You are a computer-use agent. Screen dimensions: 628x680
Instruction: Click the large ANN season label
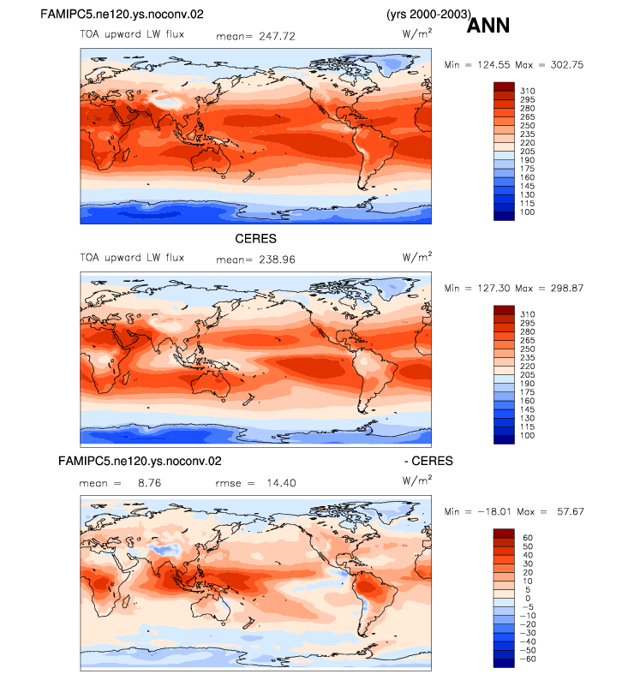click(x=487, y=26)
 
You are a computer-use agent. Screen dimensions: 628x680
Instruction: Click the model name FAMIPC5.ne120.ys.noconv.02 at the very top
click(x=122, y=15)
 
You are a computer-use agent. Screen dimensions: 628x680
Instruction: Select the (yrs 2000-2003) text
click(x=428, y=15)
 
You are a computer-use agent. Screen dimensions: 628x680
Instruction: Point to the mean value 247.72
click(x=277, y=37)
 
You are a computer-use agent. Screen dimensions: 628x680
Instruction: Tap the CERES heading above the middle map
click(x=255, y=239)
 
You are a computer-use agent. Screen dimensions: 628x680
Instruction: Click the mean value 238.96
click(x=277, y=259)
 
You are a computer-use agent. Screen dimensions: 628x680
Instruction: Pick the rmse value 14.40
click(x=282, y=483)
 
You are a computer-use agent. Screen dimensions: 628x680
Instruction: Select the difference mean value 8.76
click(x=150, y=483)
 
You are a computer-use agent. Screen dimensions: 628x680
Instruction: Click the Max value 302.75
click(x=567, y=65)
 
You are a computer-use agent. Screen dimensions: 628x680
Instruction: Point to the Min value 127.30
click(x=493, y=289)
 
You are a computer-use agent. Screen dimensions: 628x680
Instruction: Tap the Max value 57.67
click(x=571, y=512)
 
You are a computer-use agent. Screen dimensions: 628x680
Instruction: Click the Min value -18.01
click(x=494, y=512)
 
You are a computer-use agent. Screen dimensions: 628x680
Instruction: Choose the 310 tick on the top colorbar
click(x=528, y=91)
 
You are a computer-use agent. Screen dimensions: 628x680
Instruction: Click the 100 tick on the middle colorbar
click(x=528, y=436)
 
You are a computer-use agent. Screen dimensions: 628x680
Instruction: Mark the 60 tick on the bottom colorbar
click(x=528, y=538)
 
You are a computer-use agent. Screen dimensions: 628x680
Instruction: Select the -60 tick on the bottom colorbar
click(x=528, y=659)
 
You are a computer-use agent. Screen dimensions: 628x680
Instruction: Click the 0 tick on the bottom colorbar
click(x=528, y=599)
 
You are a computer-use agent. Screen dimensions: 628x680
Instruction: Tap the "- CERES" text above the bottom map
click(x=428, y=461)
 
